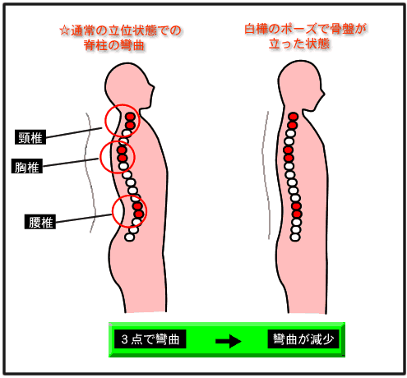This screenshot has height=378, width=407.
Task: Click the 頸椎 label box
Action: (30, 137)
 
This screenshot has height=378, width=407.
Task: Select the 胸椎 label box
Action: (27, 166)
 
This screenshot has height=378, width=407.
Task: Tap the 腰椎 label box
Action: (40, 222)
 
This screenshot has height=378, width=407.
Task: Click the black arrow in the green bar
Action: (228, 341)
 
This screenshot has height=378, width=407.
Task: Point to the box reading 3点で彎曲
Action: (150, 339)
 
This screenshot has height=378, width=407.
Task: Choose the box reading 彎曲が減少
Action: (303, 339)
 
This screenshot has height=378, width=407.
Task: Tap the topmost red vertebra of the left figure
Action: (131, 117)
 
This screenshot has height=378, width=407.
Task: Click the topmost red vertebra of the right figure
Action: (293, 117)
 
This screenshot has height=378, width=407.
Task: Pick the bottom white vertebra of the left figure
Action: (129, 237)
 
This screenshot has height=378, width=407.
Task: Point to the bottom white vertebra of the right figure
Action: (295, 237)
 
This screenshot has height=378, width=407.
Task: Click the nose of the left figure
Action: (153, 88)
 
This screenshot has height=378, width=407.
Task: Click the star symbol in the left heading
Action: (64, 30)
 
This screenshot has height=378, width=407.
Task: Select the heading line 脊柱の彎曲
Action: (114, 45)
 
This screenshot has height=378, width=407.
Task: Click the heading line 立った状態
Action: (299, 44)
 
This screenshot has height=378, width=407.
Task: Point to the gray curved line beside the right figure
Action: (265, 175)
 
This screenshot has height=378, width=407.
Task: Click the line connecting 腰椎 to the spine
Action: (84, 218)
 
